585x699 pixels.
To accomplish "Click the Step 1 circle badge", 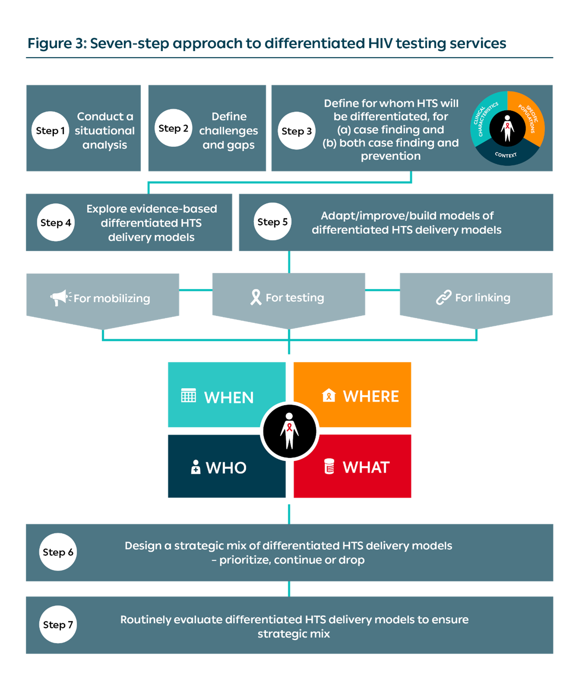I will (50, 131).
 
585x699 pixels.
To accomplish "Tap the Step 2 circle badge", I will (173, 128).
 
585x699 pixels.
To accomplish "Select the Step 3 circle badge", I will (296, 131).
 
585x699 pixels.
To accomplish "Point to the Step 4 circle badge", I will (56, 223).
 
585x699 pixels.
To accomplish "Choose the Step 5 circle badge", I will (273, 222).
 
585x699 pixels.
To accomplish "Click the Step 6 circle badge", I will (58, 552).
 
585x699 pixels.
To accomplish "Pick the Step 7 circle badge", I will (58, 625).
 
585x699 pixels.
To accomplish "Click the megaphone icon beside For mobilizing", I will (60, 297).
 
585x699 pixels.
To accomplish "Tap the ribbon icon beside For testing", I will (256, 297).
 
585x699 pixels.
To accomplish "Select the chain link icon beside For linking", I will (444, 297).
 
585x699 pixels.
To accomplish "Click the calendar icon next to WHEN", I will (188, 396).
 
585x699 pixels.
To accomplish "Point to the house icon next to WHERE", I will (329, 395).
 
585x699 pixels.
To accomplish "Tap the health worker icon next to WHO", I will (196, 467).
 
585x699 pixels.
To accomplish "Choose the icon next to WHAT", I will (329, 466).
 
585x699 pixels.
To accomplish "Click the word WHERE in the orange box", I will (371, 396).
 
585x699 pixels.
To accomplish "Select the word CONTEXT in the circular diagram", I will (506, 155).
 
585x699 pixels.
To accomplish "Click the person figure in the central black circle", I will (289, 431).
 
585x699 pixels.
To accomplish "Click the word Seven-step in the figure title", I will (129, 44).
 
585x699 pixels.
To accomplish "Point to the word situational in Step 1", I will (105, 131).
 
